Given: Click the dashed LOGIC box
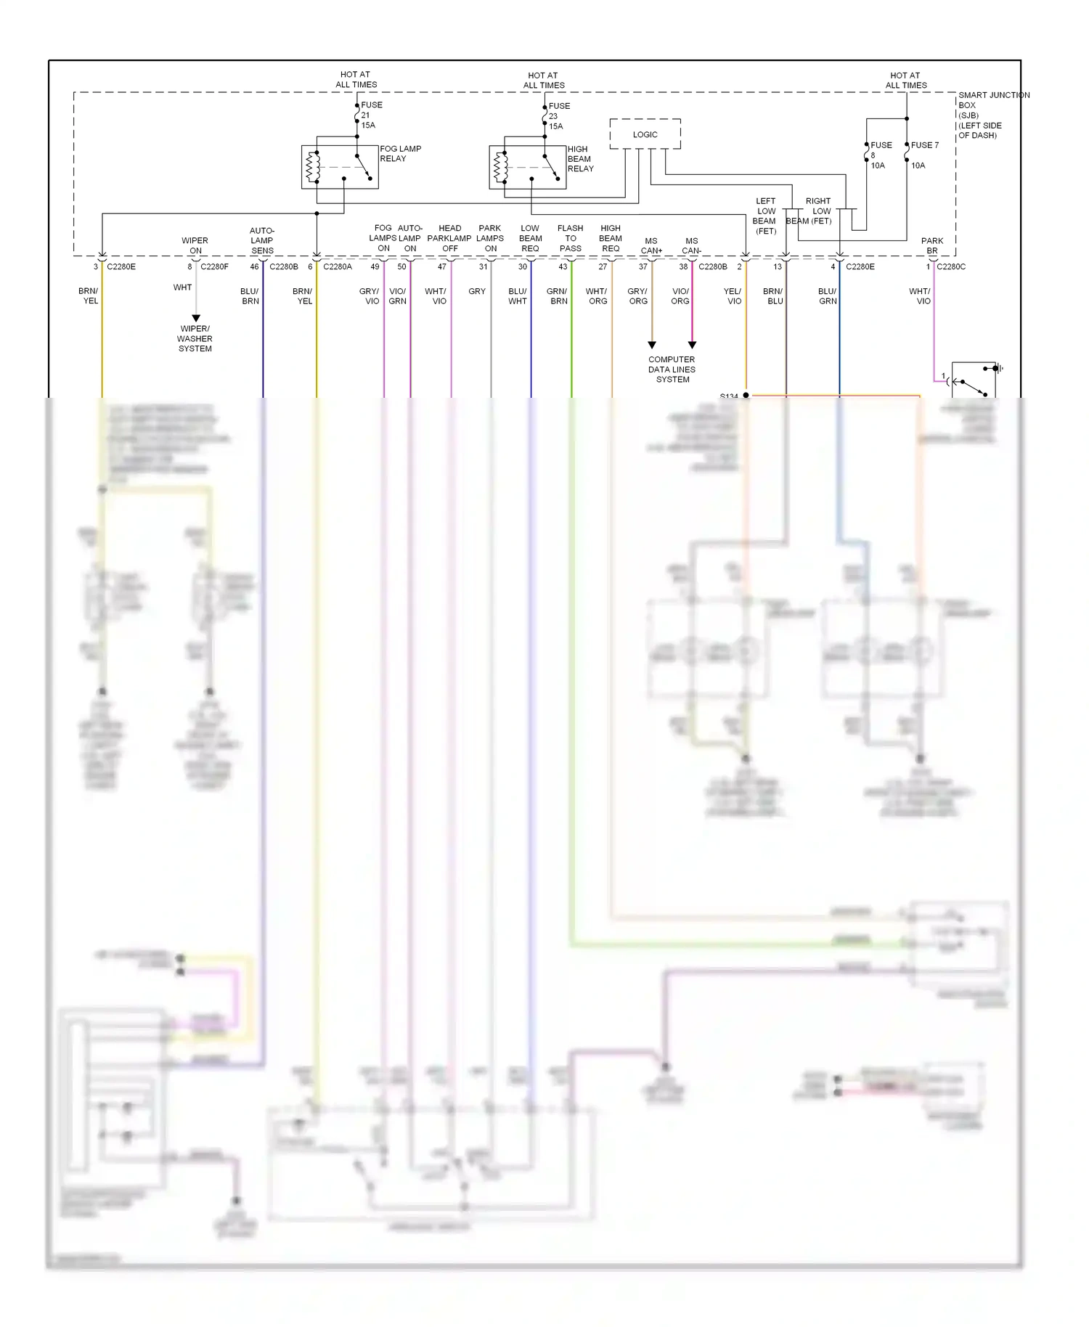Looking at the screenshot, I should pyautogui.click(x=645, y=134).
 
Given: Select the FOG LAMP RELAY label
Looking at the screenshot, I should pyautogui.click(x=400, y=153).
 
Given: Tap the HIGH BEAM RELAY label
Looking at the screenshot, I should pyautogui.click(x=580, y=159).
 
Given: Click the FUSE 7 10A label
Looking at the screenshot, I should pyautogui.click(x=923, y=155).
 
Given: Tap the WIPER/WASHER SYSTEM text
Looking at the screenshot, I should pyautogui.click(x=195, y=338).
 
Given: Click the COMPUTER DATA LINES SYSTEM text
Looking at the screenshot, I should pyautogui.click(x=672, y=369).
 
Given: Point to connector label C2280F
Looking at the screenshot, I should pyautogui.click(x=214, y=266).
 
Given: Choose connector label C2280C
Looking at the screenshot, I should pyautogui.click(x=951, y=266).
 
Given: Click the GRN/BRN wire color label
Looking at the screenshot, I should pyautogui.click(x=557, y=295).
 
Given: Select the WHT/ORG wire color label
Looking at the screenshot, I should pyautogui.click(x=597, y=295).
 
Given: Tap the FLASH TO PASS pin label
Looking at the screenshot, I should pyautogui.click(x=570, y=238).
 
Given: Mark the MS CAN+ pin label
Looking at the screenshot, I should pyautogui.click(x=651, y=245).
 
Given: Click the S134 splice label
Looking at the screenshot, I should pyautogui.click(x=729, y=396).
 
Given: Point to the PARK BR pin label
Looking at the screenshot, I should pyautogui.click(x=932, y=245).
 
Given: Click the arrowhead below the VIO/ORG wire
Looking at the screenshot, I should pyautogui.click(x=692, y=345).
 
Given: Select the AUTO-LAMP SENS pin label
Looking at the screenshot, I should pyautogui.click(x=262, y=240).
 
